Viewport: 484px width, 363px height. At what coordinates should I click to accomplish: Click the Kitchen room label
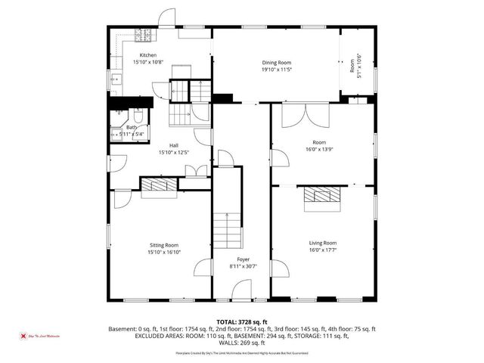point(147,55)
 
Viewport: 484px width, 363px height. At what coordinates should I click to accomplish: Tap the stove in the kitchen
point(143,34)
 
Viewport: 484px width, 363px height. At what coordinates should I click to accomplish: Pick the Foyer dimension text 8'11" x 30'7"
point(243,266)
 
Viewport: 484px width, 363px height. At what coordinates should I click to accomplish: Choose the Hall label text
point(173,145)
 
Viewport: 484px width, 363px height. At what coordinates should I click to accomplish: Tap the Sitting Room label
point(163,245)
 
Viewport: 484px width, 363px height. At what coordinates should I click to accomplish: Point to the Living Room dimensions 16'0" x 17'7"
point(323,250)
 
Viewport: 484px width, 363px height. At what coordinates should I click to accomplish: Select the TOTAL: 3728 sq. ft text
point(242,321)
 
